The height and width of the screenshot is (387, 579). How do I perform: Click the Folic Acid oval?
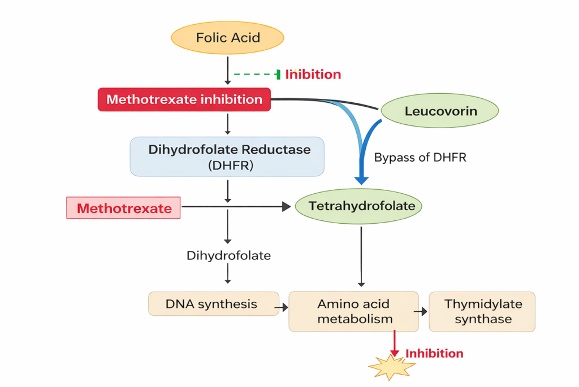click(227, 38)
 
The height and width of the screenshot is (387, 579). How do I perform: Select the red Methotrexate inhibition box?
click(184, 100)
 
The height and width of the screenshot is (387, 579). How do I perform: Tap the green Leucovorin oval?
click(440, 111)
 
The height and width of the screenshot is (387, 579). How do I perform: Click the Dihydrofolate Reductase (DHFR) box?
click(227, 156)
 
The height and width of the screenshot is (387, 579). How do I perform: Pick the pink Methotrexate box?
click(124, 208)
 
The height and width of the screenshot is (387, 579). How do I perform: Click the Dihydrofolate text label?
click(228, 255)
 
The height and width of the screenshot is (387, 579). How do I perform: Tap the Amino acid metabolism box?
click(354, 311)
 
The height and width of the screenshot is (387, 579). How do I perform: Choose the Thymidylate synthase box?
click(482, 311)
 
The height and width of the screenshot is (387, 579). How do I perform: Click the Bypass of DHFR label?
click(420, 158)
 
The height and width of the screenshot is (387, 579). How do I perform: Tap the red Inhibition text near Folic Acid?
click(313, 75)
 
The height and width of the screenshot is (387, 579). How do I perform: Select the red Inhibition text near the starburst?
click(434, 354)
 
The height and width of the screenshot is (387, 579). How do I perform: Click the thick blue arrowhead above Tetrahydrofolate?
click(361, 180)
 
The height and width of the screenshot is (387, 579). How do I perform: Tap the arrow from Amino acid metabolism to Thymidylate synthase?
click(422, 311)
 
